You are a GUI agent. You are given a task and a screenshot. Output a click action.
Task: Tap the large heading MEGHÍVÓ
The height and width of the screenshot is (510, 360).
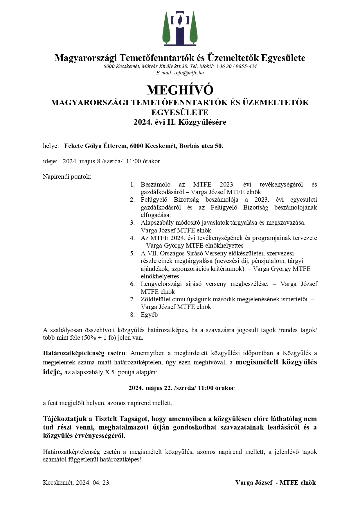[x=180, y=90]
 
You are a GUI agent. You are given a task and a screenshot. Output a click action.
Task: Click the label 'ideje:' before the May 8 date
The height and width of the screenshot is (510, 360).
[x=50, y=161]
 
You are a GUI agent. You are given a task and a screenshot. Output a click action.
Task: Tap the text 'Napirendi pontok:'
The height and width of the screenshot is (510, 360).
[x=67, y=177]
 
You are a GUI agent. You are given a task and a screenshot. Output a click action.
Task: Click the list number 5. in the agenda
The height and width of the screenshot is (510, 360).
[x=132, y=253]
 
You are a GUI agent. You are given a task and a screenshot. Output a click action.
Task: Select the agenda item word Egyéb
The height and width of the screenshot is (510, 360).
[x=149, y=315]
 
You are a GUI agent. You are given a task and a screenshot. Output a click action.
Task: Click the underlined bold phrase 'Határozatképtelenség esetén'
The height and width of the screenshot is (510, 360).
[x=84, y=353]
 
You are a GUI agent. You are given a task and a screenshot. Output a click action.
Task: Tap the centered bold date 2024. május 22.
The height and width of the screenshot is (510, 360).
[x=151, y=388]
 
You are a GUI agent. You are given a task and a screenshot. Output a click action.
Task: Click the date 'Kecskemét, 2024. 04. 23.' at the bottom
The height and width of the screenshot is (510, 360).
[x=77, y=483]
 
